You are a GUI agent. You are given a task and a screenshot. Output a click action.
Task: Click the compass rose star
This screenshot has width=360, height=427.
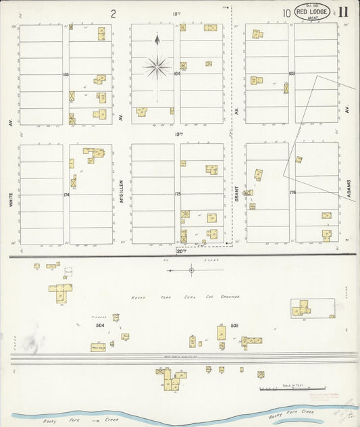click(x=157, y=66)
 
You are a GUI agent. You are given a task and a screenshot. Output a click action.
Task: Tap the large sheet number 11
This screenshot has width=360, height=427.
click(x=344, y=11)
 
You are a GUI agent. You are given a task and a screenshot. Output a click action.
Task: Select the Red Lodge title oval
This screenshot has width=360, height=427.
click(x=312, y=11)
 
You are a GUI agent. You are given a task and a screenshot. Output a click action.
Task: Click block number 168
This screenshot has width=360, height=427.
click(x=66, y=74)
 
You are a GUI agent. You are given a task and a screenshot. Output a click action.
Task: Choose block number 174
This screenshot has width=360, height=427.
click(x=66, y=195)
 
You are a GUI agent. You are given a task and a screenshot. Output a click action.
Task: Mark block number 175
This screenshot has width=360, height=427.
click(x=178, y=194)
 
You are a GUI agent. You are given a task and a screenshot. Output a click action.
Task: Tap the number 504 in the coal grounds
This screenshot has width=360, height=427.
click(x=101, y=325)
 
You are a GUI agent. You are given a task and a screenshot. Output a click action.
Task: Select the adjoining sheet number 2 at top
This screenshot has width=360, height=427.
click(x=113, y=13)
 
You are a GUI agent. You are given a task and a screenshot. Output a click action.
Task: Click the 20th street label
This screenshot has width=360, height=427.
click(x=180, y=251)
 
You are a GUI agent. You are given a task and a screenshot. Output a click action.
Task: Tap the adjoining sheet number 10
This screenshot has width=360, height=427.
click(x=286, y=12)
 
